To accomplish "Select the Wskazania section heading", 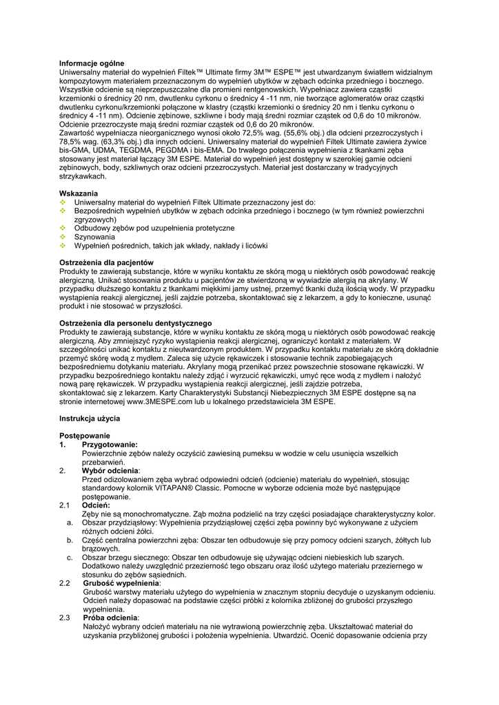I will [x=79, y=193].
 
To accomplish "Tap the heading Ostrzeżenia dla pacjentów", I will [x=106, y=263].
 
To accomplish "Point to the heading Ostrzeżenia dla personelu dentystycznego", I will [x=135, y=324].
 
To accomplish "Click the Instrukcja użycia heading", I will [x=90, y=419].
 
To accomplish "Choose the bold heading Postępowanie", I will [x=85, y=436].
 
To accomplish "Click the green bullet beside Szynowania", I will [x=63, y=237].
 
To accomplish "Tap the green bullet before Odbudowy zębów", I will [x=63, y=228].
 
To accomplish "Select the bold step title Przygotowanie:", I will [x=110, y=445].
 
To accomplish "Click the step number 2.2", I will [x=65, y=583].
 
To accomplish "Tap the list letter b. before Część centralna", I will [x=70, y=540].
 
